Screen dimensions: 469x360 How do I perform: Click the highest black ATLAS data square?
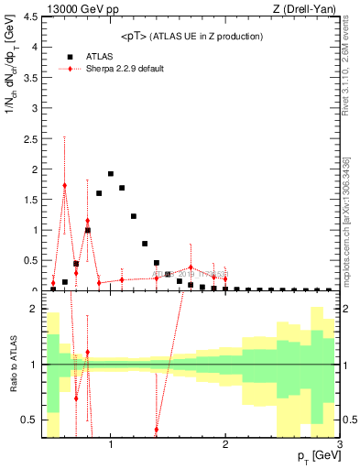tap(111, 174)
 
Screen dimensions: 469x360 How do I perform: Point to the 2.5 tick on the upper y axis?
tap(30, 108)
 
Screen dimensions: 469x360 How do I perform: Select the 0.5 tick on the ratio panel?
tap(30, 420)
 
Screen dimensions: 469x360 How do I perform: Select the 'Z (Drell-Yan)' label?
tap(311, 8)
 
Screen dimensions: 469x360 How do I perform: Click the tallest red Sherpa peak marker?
tap(64, 185)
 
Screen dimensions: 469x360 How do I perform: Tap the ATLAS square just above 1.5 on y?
tap(99, 193)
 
